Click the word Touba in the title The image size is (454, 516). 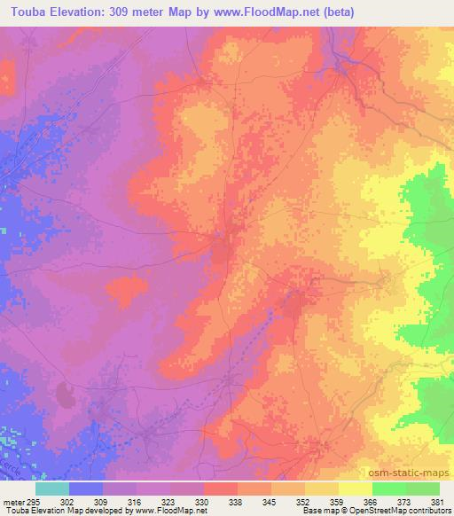click(27, 12)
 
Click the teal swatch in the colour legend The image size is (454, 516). click(52, 489)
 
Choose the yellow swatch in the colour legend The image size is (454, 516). click(356, 489)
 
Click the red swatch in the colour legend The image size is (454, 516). click(221, 489)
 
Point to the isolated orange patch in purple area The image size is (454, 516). click(127, 288)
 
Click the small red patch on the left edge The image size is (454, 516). click(7, 77)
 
